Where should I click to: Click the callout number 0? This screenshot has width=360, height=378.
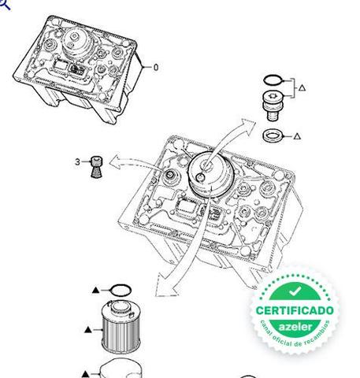(x=156, y=68)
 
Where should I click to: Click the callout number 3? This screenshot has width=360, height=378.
(x=77, y=161)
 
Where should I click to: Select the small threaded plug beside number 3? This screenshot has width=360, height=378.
(x=96, y=167)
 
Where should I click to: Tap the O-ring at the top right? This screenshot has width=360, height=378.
(x=273, y=80)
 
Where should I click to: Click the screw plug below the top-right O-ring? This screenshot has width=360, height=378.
(x=273, y=106)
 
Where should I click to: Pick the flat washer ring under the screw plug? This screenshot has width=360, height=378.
(x=273, y=135)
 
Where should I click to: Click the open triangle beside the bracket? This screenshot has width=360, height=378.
(x=302, y=87)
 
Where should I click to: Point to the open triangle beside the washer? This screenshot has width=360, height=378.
(x=297, y=136)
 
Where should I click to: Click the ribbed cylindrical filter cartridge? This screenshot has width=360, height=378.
(x=121, y=327)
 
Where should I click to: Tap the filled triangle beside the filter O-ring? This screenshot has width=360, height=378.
(x=96, y=290)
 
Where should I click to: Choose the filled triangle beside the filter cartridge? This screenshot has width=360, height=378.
(x=88, y=330)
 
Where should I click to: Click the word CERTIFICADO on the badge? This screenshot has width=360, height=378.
(x=295, y=310)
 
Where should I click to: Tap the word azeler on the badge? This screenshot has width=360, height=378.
(x=295, y=327)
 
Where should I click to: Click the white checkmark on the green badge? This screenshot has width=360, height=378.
(x=295, y=291)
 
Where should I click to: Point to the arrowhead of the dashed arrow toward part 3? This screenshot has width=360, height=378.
(x=117, y=162)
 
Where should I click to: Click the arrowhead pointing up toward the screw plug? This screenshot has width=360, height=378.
(x=247, y=127)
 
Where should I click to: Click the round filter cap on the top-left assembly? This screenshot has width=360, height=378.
(x=77, y=43)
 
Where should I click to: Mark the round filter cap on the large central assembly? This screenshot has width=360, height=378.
(x=211, y=174)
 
